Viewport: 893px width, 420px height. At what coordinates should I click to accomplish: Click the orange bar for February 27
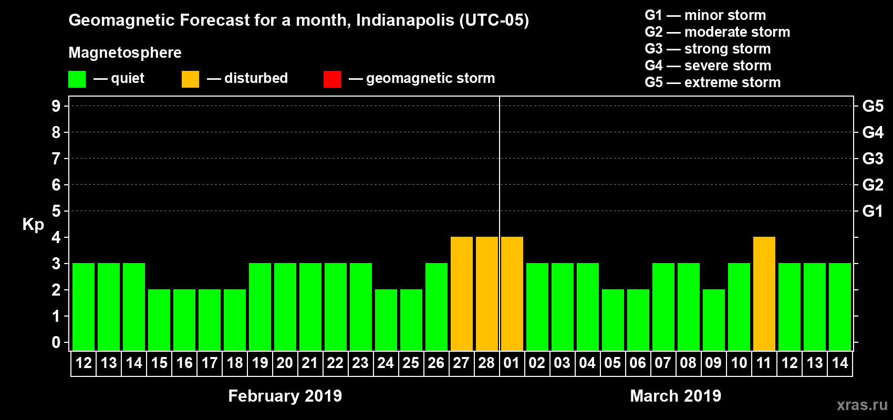[462, 293]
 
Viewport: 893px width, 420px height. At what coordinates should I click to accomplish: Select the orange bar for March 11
[764, 293]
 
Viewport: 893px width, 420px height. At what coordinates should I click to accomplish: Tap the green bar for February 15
[159, 320]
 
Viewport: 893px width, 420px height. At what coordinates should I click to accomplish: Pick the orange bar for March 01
[512, 293]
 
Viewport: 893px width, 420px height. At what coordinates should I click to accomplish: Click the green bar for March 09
[714, 320]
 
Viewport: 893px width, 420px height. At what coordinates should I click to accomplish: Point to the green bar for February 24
[386, 320]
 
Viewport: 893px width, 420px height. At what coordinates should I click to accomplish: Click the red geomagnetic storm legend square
[332, 79]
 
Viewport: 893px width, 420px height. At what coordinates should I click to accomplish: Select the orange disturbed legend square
[190, 79]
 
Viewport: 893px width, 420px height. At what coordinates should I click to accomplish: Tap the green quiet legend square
[77, 79]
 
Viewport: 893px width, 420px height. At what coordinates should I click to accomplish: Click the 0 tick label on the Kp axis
[56, 342]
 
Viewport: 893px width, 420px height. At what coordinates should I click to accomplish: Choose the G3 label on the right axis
[873, 159]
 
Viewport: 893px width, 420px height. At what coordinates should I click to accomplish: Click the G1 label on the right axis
[873, 211]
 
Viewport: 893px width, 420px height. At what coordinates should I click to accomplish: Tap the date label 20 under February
[285, 363]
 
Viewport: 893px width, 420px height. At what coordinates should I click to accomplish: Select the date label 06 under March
[638, 363]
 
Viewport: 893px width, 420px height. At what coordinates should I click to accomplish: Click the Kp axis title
[33, 224]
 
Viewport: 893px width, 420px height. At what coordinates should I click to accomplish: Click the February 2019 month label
[285, 396]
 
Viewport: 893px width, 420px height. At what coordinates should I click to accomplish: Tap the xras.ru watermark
[862, 405]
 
